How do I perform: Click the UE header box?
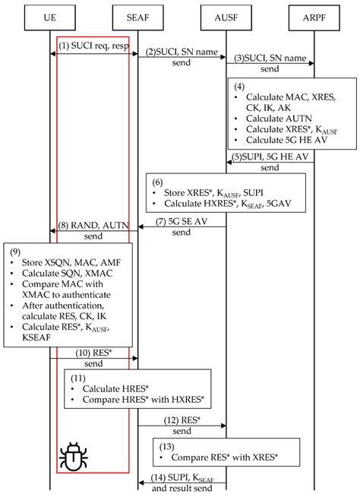[x=49, y=15]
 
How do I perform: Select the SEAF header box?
[x=137, y=15]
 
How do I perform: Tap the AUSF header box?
[x=226, y=15]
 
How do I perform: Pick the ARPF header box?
[x=314, y=15]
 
